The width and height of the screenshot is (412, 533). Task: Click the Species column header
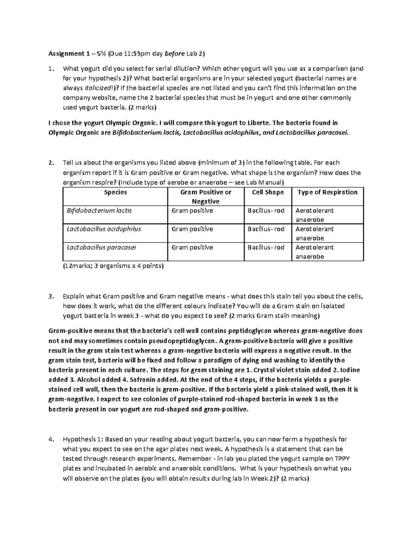tap(115, 193)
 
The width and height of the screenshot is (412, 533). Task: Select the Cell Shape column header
tap(268, 193)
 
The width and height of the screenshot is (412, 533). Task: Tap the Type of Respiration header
tap(327, 193)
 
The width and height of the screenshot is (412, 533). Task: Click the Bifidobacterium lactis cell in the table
tap(99, 211)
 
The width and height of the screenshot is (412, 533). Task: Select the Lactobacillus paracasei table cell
tap(101, 247)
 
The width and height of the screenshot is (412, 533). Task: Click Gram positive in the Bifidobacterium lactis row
tap(192, 211)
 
